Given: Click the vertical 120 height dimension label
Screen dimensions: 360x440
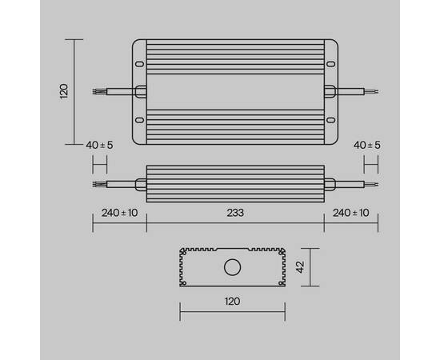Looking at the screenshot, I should point(65,90).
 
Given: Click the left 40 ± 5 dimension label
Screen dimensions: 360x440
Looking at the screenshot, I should point(99,145).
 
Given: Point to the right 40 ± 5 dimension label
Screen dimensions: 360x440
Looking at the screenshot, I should point(367,145).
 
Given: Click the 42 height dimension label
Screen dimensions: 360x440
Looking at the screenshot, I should point(301,268).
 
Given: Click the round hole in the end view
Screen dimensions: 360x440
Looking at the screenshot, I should point(233,267).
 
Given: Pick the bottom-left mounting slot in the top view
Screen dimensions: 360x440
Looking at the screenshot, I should point(139,120).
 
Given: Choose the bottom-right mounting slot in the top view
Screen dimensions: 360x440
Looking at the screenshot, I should point(329,120).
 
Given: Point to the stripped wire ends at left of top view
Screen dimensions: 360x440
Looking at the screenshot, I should point(98,91).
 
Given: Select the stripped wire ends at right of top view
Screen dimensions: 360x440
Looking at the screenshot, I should point(370,91).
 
